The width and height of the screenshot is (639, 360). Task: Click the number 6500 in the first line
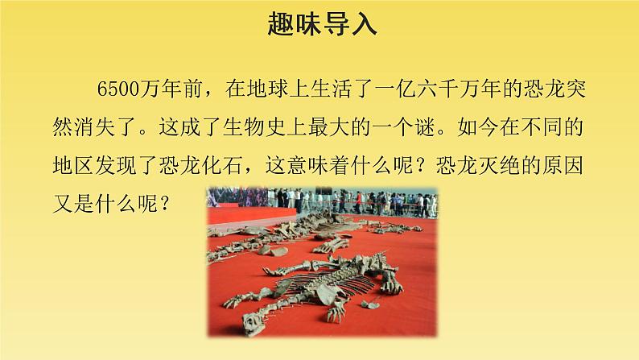(118, 89)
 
